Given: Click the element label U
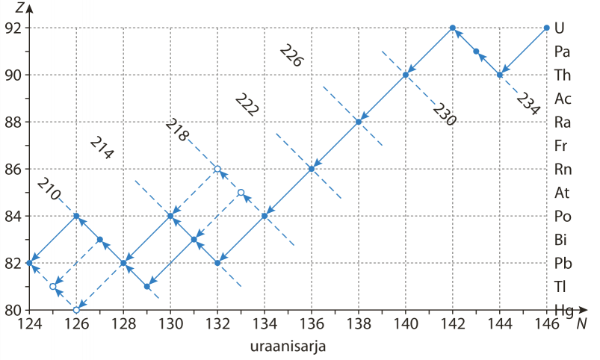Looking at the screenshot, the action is pos(559,28).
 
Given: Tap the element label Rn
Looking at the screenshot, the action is pos(563,169).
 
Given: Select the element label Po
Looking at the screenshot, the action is pos(563,217).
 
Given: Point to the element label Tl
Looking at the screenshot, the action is pos(560,287).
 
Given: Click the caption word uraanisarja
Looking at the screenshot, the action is pos(288,347).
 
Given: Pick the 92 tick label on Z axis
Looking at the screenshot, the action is pos(13,28).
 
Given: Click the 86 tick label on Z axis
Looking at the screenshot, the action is pos(13,169).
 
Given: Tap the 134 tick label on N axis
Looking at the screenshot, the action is pos(265,324).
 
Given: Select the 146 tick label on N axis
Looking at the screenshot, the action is pos(546,324).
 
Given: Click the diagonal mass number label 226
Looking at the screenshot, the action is pos(291,55).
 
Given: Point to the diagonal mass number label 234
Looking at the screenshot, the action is pos(528,104).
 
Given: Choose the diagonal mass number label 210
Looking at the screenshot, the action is pos(49,189).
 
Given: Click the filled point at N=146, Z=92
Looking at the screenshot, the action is pos(546,28).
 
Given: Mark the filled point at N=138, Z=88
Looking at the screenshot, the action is pos(359,122).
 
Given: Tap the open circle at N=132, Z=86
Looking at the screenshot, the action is pos(217,169).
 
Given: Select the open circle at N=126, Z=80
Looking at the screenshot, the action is pos(76,310).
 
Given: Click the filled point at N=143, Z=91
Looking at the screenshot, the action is pos(476,52).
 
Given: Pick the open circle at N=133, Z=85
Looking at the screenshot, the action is pos(241,193).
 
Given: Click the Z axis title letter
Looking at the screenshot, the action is pos(20,7).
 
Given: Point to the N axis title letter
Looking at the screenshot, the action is pos(581,324).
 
